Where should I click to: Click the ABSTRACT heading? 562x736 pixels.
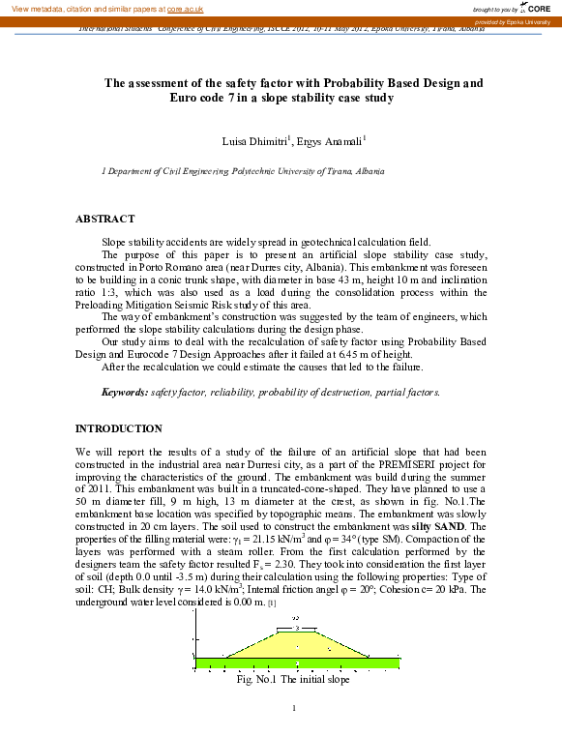coord(104,220)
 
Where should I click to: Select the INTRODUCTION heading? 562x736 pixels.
coord(119,428)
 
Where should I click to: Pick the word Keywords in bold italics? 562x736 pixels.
coord(98,392)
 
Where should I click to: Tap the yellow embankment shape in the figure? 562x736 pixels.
coord(298,642)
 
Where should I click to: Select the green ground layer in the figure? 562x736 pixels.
coord(298,663)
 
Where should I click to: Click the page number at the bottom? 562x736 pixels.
coord(293,712)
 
